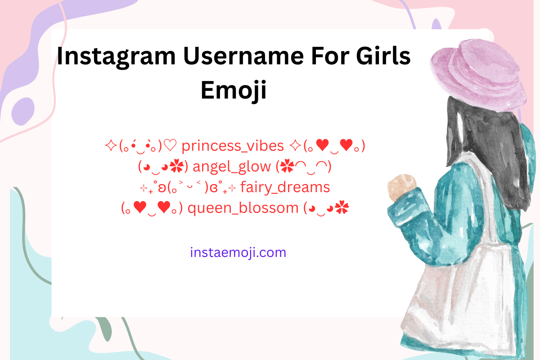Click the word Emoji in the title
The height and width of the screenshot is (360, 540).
pyautogui.click(x=234, y=90)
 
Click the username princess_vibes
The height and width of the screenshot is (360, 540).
pyautogui.click(x=233, y=146)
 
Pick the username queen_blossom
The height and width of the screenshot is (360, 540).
pyautogui.click(x=243, y=208)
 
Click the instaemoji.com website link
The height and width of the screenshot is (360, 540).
pyautogui.click(x=238, y=252)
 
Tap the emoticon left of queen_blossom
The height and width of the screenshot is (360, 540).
pyautogui.click(x=152, y=208)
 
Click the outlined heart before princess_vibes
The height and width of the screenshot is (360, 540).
pyautogui.click(x=172, y=146)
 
